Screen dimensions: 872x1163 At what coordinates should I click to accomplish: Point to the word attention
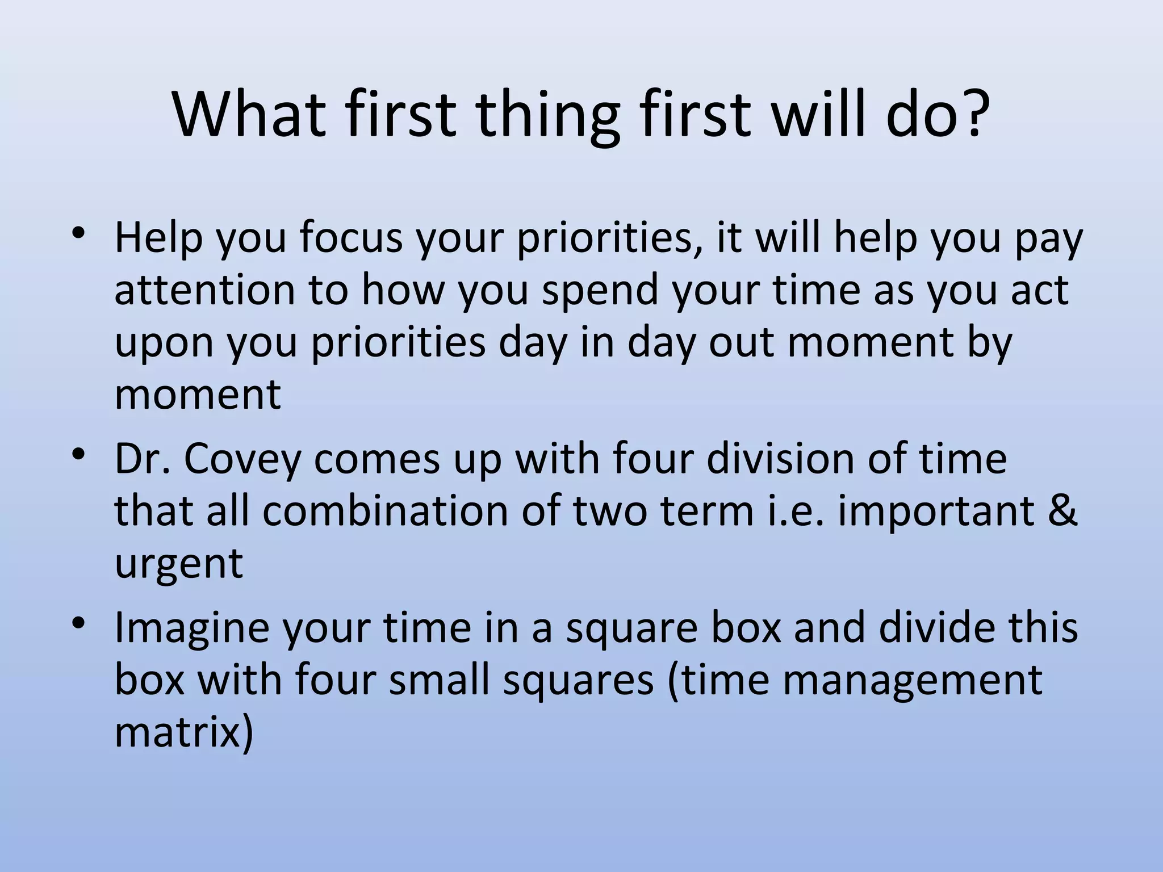point(205,290)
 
